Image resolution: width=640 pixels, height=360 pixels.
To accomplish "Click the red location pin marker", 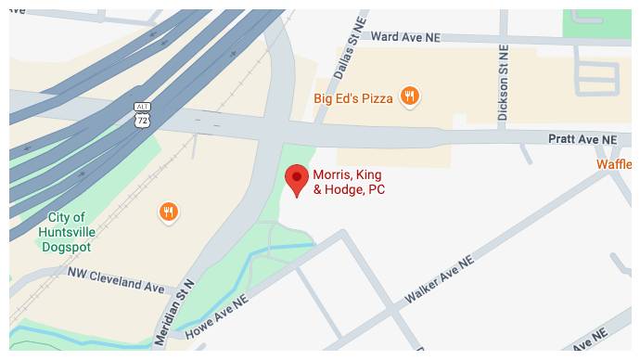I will click(x=296, y=178).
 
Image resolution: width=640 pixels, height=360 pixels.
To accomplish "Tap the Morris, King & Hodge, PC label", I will click(x=348, y=182).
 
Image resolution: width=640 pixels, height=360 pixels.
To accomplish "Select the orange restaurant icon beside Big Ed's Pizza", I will click(x=409, y=96).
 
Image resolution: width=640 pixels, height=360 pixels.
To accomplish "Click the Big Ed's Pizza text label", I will click(x=353, y=96).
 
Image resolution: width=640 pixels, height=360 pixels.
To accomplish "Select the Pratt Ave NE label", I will click(x=582, y=138).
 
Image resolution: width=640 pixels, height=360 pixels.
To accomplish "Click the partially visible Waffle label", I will click(x=616, y=164).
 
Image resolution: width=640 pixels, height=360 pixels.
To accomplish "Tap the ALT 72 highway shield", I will click(x=141, y=115).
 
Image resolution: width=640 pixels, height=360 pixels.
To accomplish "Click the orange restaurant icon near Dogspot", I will click(x=168, y=212).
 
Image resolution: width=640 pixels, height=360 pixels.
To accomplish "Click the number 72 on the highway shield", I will click(x=141, y=120).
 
